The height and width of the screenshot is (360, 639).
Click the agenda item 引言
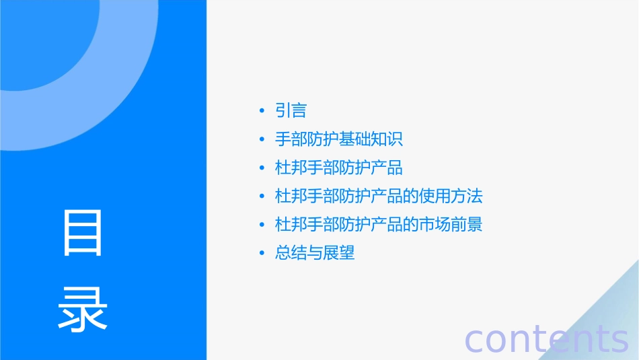pos(291,110)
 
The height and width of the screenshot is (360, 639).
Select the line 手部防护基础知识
pos(339,139)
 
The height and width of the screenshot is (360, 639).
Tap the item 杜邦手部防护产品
pos(339,168)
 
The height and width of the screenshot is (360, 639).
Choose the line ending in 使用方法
pos(379,196)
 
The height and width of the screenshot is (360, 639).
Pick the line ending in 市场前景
pos(379,224)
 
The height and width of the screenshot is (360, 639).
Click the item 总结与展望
pos(315,253)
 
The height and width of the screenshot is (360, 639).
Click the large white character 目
pos(83,233)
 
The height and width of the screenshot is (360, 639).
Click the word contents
pos(547,338)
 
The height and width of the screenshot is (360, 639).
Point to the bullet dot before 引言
pos(262,111)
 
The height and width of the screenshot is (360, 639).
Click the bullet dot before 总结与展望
pos(262,254)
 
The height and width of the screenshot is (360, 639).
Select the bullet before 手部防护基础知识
pos(262,140)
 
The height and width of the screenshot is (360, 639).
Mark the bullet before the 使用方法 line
pos(262,196)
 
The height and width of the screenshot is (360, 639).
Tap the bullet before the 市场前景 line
pos(262,225)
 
